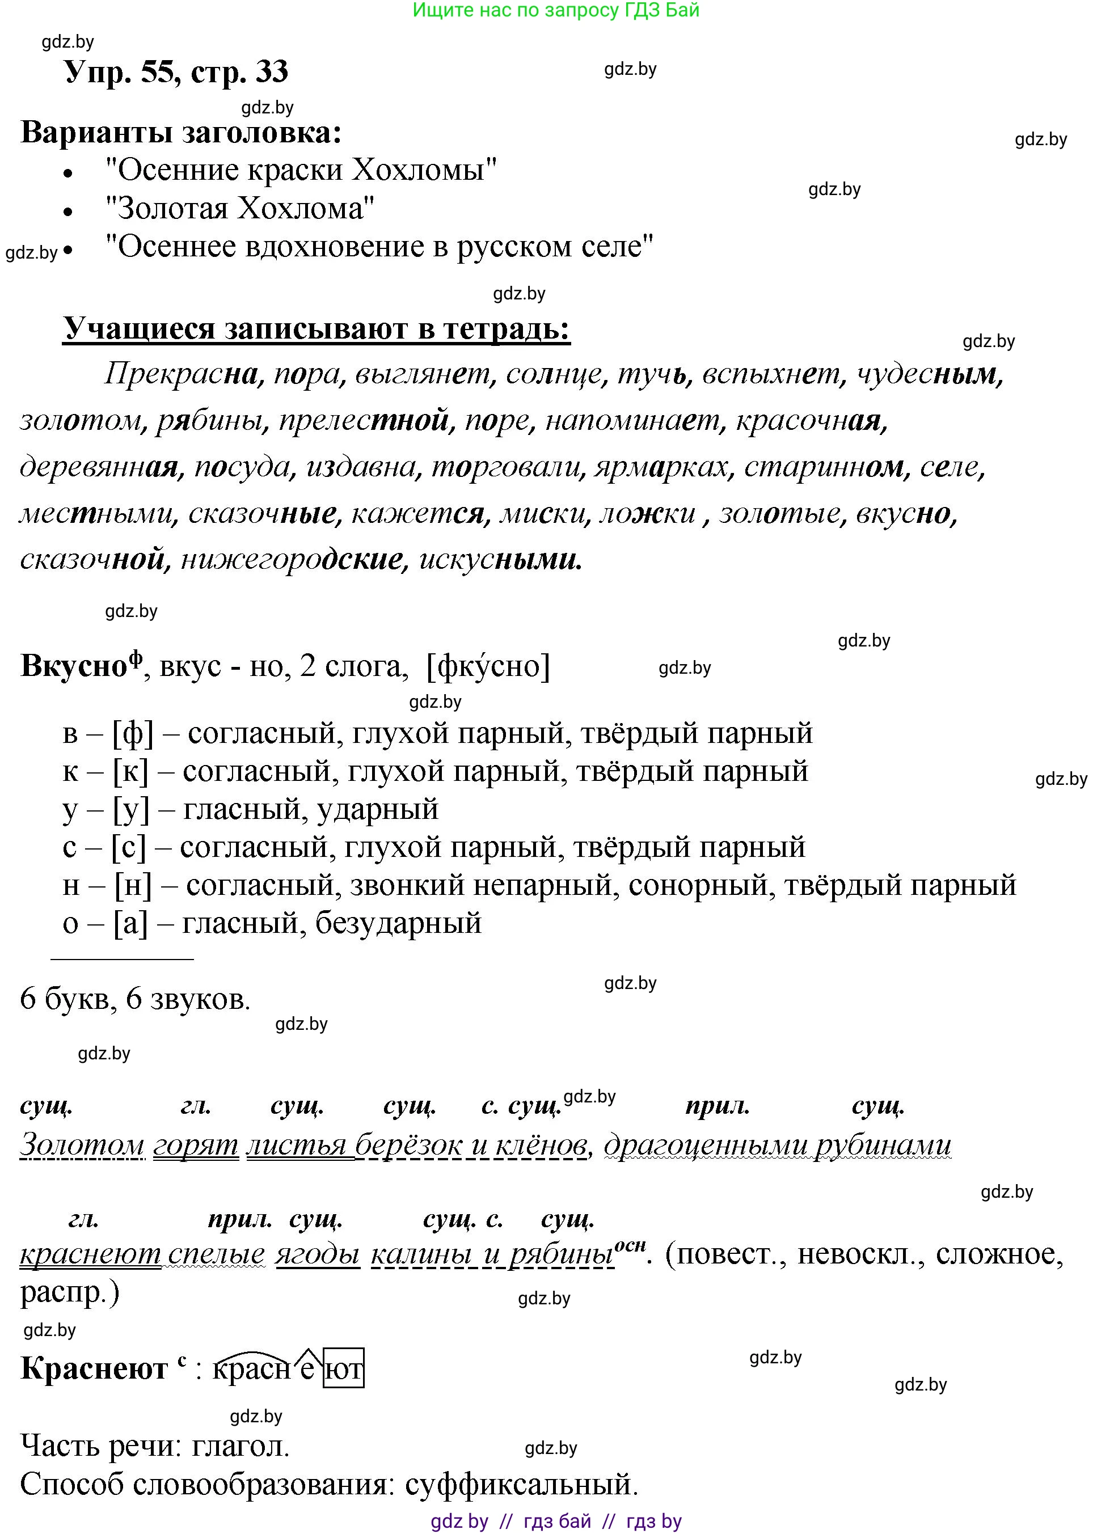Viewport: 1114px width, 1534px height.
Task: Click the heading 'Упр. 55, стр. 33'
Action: pyautogui.click(x=176, y=71)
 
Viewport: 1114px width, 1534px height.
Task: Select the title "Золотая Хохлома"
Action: pyautogui.click(x=240, y=208)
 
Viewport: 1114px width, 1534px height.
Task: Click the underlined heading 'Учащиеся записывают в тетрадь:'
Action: pyautogui.click(x=316, y=329)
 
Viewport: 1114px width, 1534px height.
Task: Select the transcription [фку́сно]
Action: pyautogui.click(x=488, y=667)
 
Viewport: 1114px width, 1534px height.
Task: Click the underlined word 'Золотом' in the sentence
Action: pyautogui.click(x=82, y=1144)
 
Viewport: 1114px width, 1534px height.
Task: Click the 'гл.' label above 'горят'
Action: pyautogui.click(x=196, y=1106)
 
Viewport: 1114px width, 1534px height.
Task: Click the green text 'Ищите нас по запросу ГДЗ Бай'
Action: pyautogui.click(x=555, y=10)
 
